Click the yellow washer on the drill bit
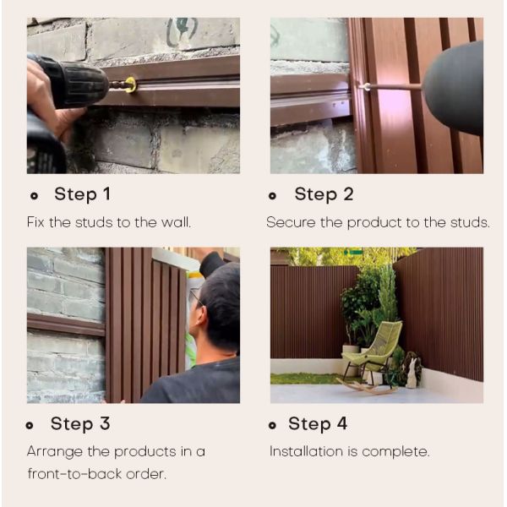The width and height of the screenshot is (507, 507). pos(131,84)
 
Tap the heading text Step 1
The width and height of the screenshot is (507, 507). pos(83,194)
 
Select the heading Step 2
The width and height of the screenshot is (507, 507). pos(324,194)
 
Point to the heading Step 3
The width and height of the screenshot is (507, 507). pos(80,423)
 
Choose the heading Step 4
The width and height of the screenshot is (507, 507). pos(318,423)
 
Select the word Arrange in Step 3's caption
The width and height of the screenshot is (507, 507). pos(55,452)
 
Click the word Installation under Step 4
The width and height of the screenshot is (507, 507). pos(306,451)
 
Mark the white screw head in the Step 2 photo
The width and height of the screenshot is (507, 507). pos(367,87)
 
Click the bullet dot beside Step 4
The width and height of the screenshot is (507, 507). pos(272,425)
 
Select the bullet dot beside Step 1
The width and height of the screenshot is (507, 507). pos(34,196)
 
